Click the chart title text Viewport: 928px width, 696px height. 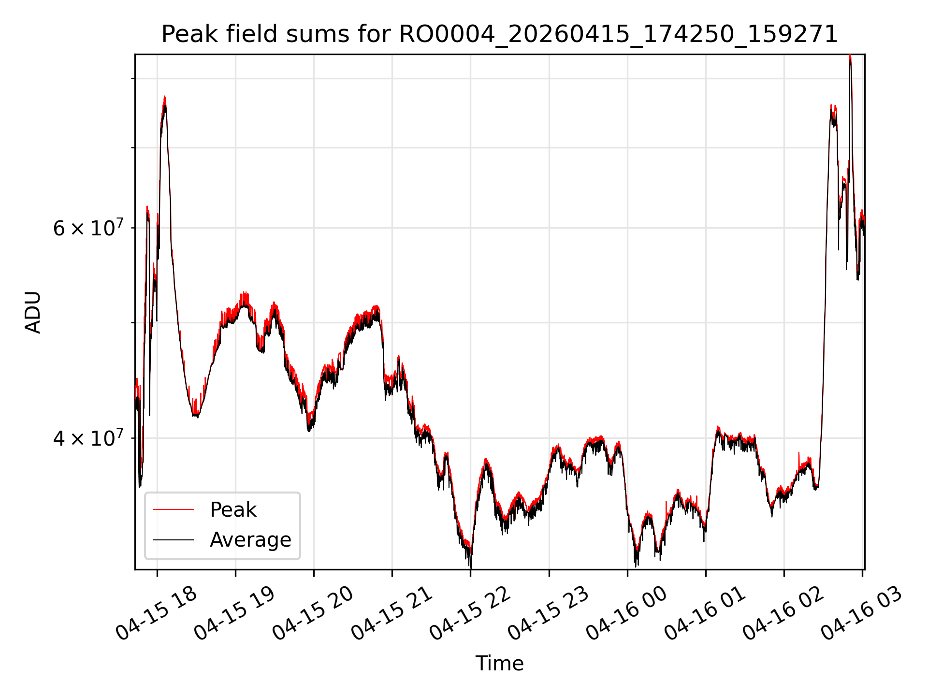499,34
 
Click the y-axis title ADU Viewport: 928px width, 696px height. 33,312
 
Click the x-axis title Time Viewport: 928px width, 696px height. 499,663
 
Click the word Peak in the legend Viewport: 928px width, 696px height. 233,510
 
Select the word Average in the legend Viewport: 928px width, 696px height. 250,540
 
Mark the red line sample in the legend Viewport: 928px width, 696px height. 173,509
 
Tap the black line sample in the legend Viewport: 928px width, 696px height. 173,539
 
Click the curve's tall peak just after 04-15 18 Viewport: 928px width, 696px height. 165,98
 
